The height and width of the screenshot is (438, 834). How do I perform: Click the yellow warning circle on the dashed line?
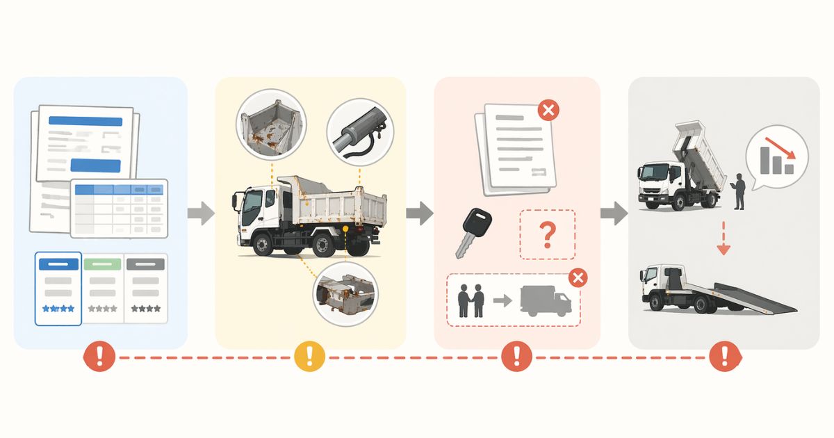310,357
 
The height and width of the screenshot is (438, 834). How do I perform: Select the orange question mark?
548,235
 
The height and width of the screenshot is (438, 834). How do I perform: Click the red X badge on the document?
548,110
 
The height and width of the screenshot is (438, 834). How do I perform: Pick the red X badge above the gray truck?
577,278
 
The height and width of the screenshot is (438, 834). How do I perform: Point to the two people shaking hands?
471,300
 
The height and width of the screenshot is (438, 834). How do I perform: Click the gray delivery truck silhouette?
545,302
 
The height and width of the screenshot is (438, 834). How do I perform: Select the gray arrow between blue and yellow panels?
201,213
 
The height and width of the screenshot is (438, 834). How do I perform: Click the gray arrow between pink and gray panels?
614,213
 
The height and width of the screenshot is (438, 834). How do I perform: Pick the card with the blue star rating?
58,289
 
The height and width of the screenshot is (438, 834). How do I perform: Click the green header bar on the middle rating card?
102,264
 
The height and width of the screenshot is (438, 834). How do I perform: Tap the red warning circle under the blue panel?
100,357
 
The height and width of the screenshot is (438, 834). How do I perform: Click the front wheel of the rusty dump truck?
263,245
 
